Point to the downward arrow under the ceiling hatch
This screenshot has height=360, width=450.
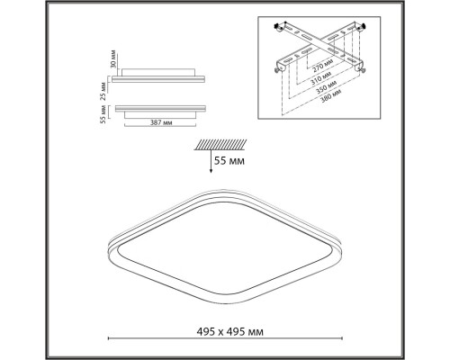(212, 162)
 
